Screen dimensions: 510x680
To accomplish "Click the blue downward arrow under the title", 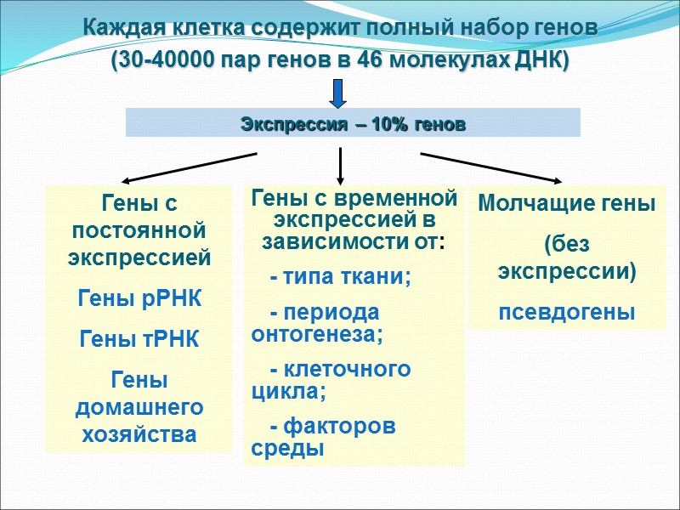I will tap(338, 93).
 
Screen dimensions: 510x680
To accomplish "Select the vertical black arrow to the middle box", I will tap(340, 165).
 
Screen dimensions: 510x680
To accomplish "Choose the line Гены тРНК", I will tap(139, 340).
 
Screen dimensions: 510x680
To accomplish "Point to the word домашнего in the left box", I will tap(139, 407).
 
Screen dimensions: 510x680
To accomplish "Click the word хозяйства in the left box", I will tap(139, 434).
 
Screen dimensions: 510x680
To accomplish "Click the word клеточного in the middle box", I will tap(348, 370).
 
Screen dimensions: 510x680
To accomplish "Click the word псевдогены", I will tap(566, 312).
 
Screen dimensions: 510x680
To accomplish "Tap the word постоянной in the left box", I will tap(139, 230).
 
